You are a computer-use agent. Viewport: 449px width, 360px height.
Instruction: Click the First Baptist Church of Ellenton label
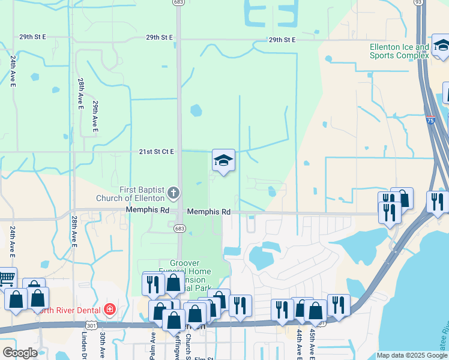coord(134,194)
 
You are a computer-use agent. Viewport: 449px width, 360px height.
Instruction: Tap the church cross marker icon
coord(173,193)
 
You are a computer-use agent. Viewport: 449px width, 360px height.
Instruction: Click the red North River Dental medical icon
coord(109,310)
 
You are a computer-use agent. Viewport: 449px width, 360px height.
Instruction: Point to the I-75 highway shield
coord(430,120)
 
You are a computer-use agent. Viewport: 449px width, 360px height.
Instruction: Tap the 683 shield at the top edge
coord(178,2)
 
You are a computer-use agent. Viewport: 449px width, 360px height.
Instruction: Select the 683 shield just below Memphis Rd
coord(179,229)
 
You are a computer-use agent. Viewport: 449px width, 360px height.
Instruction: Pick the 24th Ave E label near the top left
coord(13,70)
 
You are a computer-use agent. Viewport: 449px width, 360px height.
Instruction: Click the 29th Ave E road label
coord(95,116)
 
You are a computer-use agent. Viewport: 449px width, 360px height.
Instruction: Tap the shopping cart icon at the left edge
coord(5,278)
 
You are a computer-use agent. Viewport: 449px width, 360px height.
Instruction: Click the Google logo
coord(20,353)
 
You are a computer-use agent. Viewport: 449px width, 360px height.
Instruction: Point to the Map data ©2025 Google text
coord(412,356)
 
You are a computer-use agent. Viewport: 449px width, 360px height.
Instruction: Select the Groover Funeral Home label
coord(190,268)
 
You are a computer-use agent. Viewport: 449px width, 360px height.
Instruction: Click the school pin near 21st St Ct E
coord(223,160)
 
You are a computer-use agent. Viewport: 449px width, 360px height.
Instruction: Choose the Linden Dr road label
coord(82,346)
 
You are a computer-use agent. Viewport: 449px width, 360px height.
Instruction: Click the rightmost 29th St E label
coord(282,40)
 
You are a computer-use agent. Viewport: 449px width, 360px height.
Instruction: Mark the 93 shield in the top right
coord(418,2)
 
